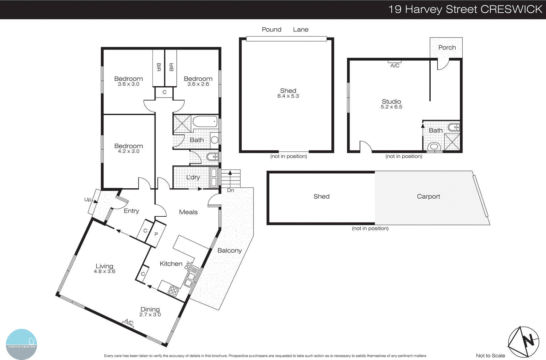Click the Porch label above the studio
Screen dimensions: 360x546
point(447,47)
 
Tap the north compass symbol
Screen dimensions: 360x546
point(523,342)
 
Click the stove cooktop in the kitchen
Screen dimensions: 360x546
point(173,291)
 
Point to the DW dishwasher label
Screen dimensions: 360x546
point(187,265)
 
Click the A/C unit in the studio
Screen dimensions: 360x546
point(394,62)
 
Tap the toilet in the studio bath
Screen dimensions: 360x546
point(434,147)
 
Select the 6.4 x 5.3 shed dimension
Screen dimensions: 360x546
point(288,96)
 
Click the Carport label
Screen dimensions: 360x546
point(428,196)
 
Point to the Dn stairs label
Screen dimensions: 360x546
point(231,190)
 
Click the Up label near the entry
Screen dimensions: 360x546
point(88,200)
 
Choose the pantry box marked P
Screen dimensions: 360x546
point(156,234)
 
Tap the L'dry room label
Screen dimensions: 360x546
point(193,177)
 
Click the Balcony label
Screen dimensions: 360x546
point(229,250)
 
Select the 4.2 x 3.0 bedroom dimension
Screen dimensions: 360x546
point(129,151)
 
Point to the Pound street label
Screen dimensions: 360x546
point(272,29)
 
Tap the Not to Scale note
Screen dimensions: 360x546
point(490,356)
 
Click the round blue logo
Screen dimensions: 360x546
point(21,344)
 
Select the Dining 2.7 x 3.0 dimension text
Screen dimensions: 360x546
point(150,315)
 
